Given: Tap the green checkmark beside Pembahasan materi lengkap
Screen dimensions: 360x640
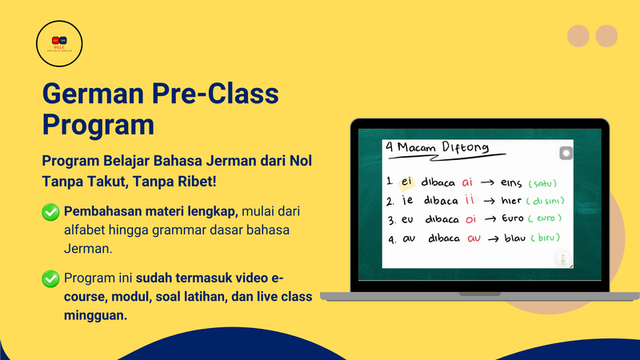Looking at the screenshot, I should click(51, 213).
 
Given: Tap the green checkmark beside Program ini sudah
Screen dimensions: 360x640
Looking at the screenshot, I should click(51, 278).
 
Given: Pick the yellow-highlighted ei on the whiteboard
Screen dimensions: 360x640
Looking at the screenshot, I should click(409, 182).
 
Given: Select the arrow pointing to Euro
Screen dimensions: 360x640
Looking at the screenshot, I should click(493, 218).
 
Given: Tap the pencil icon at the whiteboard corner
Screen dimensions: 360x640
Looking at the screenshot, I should click(565, 258).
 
